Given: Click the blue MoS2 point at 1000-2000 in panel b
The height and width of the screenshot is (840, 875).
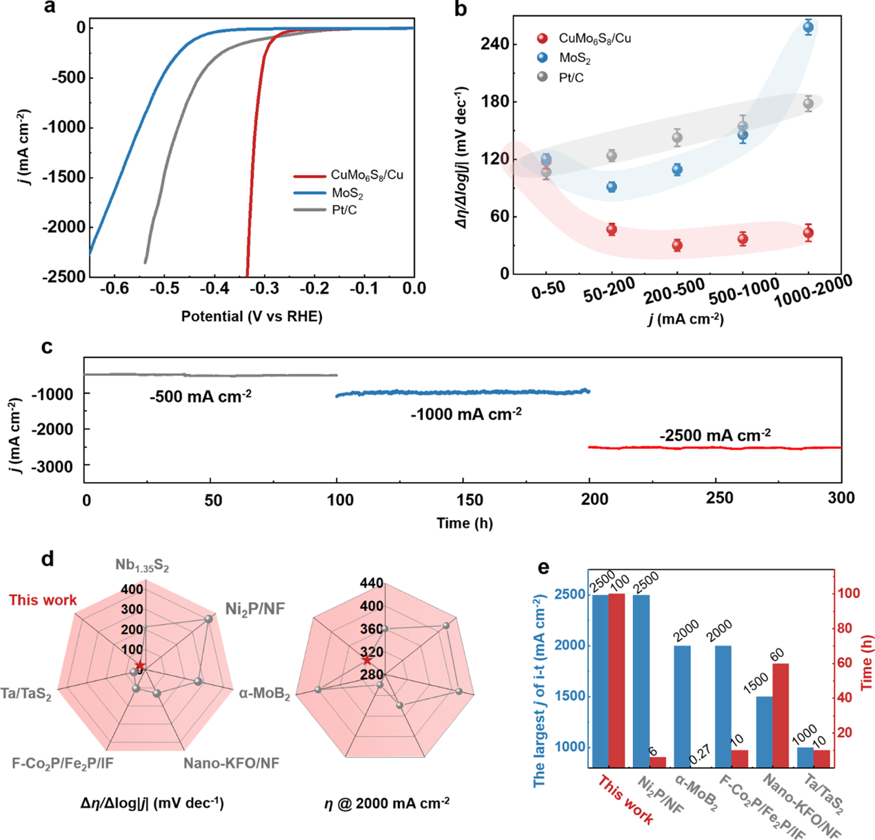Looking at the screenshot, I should click(x=808, y=28).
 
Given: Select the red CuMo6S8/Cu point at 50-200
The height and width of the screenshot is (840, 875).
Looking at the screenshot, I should click(x=612, y=230).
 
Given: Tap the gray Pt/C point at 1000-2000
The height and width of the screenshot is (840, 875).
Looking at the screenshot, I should click(x=808, y=103).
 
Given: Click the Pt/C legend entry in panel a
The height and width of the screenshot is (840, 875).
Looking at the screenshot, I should click(x=344, y=210).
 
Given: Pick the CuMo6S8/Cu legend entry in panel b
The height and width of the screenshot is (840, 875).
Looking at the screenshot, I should click(x=594, y=39).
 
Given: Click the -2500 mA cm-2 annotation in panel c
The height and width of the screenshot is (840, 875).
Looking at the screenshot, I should click(x=715, y=436).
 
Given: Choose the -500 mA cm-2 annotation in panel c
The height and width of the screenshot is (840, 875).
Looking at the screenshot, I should click(x=200, y=397).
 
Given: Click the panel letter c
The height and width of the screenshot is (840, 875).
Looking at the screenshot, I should click(x=47, y=346).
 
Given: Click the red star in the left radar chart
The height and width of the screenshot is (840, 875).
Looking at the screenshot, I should click(x=141, y=665).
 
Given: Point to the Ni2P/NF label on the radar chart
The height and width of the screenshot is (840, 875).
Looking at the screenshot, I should click(x=254, y=608).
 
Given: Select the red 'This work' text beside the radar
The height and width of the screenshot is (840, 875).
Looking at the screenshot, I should click(x=43, y=600).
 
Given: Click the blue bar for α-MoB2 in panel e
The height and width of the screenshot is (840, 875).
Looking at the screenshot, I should click(x=682, y=706).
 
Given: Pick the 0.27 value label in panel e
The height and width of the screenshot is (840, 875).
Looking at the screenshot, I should click(x=698, y=753).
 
